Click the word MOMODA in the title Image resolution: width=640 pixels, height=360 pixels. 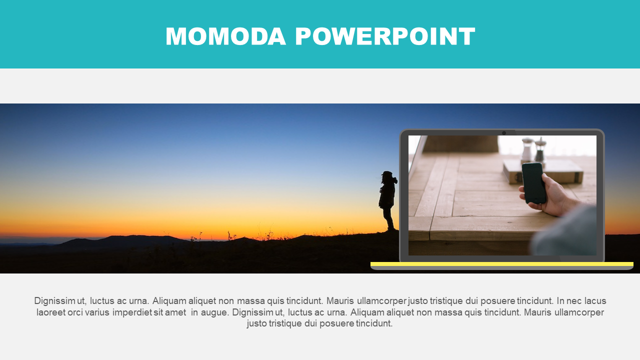coord(225,36)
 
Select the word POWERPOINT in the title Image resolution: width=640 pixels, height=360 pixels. coord(385,36)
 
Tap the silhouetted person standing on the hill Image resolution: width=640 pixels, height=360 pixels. coord(387,200)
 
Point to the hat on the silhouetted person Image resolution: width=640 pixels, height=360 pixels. coord(387,173)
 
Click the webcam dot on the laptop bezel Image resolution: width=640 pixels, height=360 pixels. coord(504,133)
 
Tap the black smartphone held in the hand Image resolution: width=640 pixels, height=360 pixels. coord(533,183)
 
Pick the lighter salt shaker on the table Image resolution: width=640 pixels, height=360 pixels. coord(527,150)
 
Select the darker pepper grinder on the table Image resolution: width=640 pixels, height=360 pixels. coord(540,149)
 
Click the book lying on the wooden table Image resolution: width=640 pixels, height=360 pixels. coord(543,171)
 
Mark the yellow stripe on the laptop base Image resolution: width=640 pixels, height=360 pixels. coord(502,264)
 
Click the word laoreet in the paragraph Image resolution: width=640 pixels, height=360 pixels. coord(51,312)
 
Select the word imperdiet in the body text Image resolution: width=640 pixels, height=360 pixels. coord(132,312)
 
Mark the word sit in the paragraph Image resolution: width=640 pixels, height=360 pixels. coord(158,312)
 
